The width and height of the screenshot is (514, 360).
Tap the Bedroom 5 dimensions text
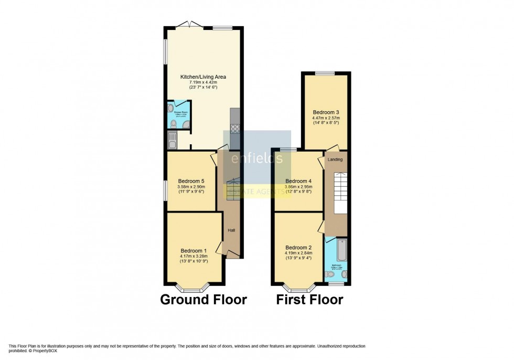coord(191,189)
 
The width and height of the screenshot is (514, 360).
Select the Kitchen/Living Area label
coord(203,77)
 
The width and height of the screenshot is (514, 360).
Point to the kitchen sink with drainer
coord(173,140)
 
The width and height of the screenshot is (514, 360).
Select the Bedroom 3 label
coord(326,112)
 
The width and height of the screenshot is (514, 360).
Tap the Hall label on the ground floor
coord(231,230)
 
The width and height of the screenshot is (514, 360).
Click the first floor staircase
coord(341,192)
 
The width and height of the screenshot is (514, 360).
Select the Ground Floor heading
coord(203,300)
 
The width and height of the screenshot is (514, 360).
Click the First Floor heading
coord(311,300)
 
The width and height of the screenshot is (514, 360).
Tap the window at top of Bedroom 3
coord(325,73)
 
